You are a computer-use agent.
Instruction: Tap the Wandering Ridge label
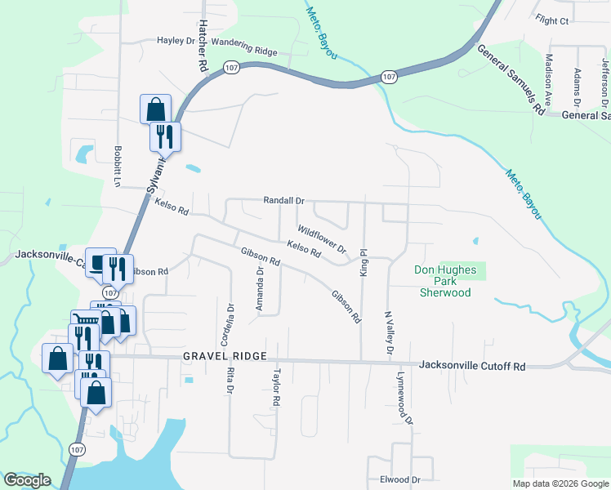click(244, 51)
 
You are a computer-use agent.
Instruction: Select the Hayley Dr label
click(176, 40)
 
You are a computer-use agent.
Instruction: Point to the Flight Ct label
click(552, 19)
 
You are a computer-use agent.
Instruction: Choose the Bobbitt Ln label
click(118, 167)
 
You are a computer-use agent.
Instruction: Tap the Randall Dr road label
click(283, 200)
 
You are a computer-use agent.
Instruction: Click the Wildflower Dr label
click(322, 238)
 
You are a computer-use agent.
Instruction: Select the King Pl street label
click(364, 263)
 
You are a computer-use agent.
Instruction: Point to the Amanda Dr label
click(260, 289)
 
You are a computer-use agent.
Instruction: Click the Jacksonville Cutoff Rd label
click(471, 367)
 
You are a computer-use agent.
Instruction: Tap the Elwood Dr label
click(399, 480)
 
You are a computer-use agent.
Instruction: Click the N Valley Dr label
click(390, 332)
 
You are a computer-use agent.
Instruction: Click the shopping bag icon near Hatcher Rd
click(155, 109)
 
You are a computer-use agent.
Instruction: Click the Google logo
click(27, 480)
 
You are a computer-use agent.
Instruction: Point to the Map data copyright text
click(561, 483)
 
